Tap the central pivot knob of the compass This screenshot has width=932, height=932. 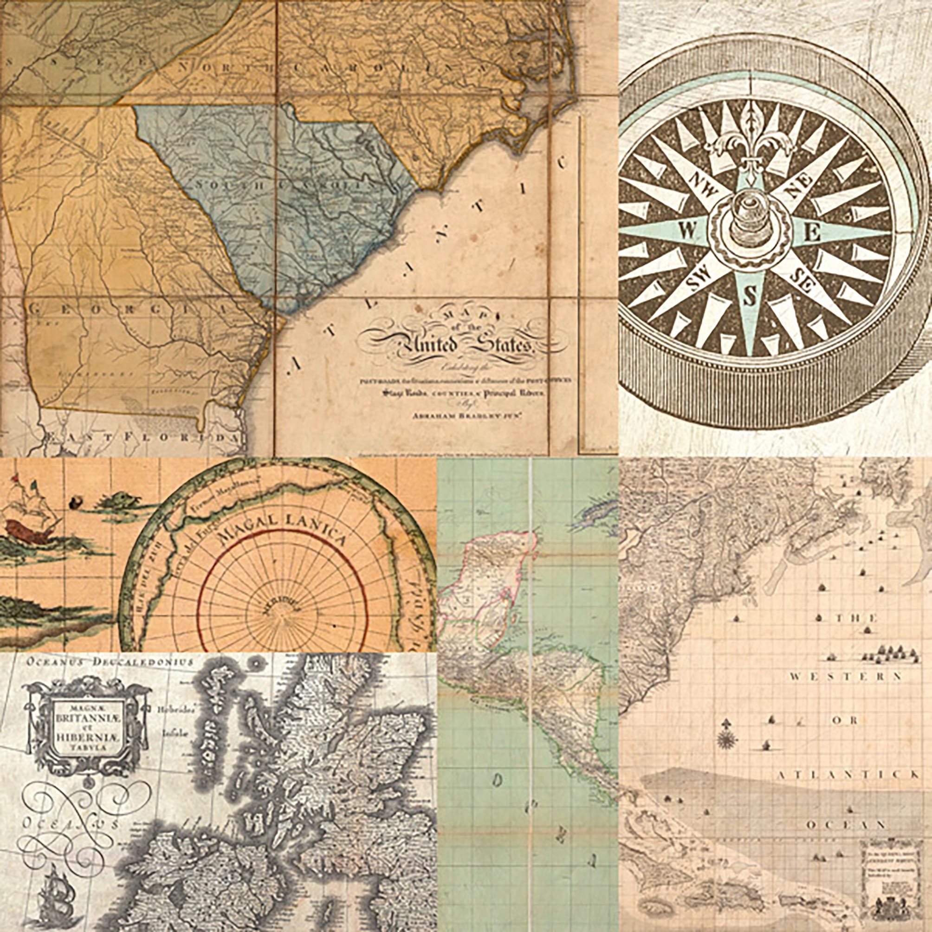point(749,227)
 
